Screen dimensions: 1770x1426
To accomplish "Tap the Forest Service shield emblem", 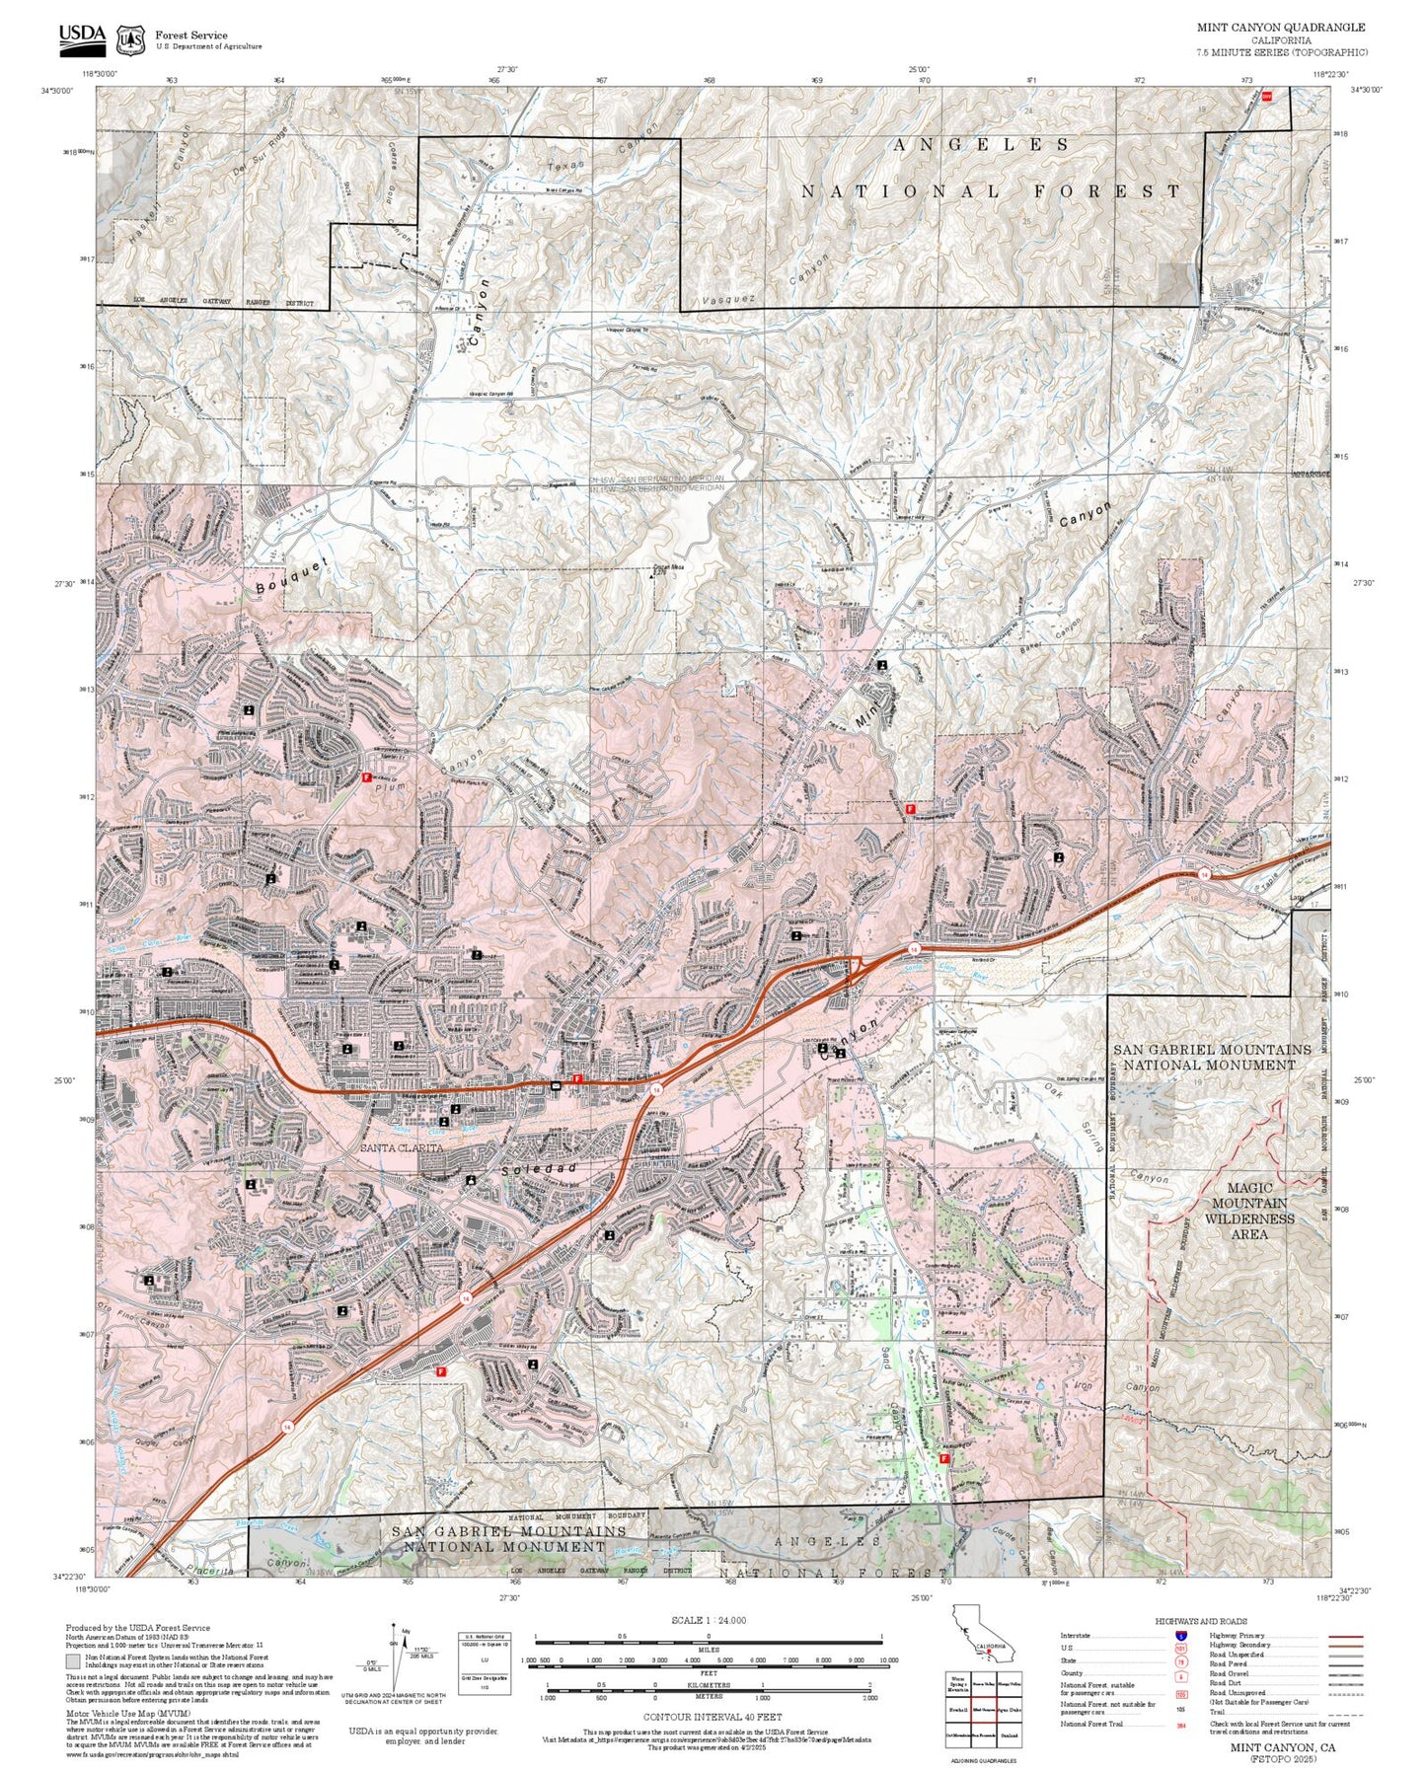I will tap(129, 39).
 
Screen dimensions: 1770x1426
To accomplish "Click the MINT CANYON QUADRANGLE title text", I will tap(1281, 28).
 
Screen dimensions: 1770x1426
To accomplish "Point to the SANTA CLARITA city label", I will tap(401, 1148).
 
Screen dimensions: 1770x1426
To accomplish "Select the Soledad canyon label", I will tap(539, 1169).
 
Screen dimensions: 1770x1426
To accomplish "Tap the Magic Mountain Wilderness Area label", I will tap(1249, 1211).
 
